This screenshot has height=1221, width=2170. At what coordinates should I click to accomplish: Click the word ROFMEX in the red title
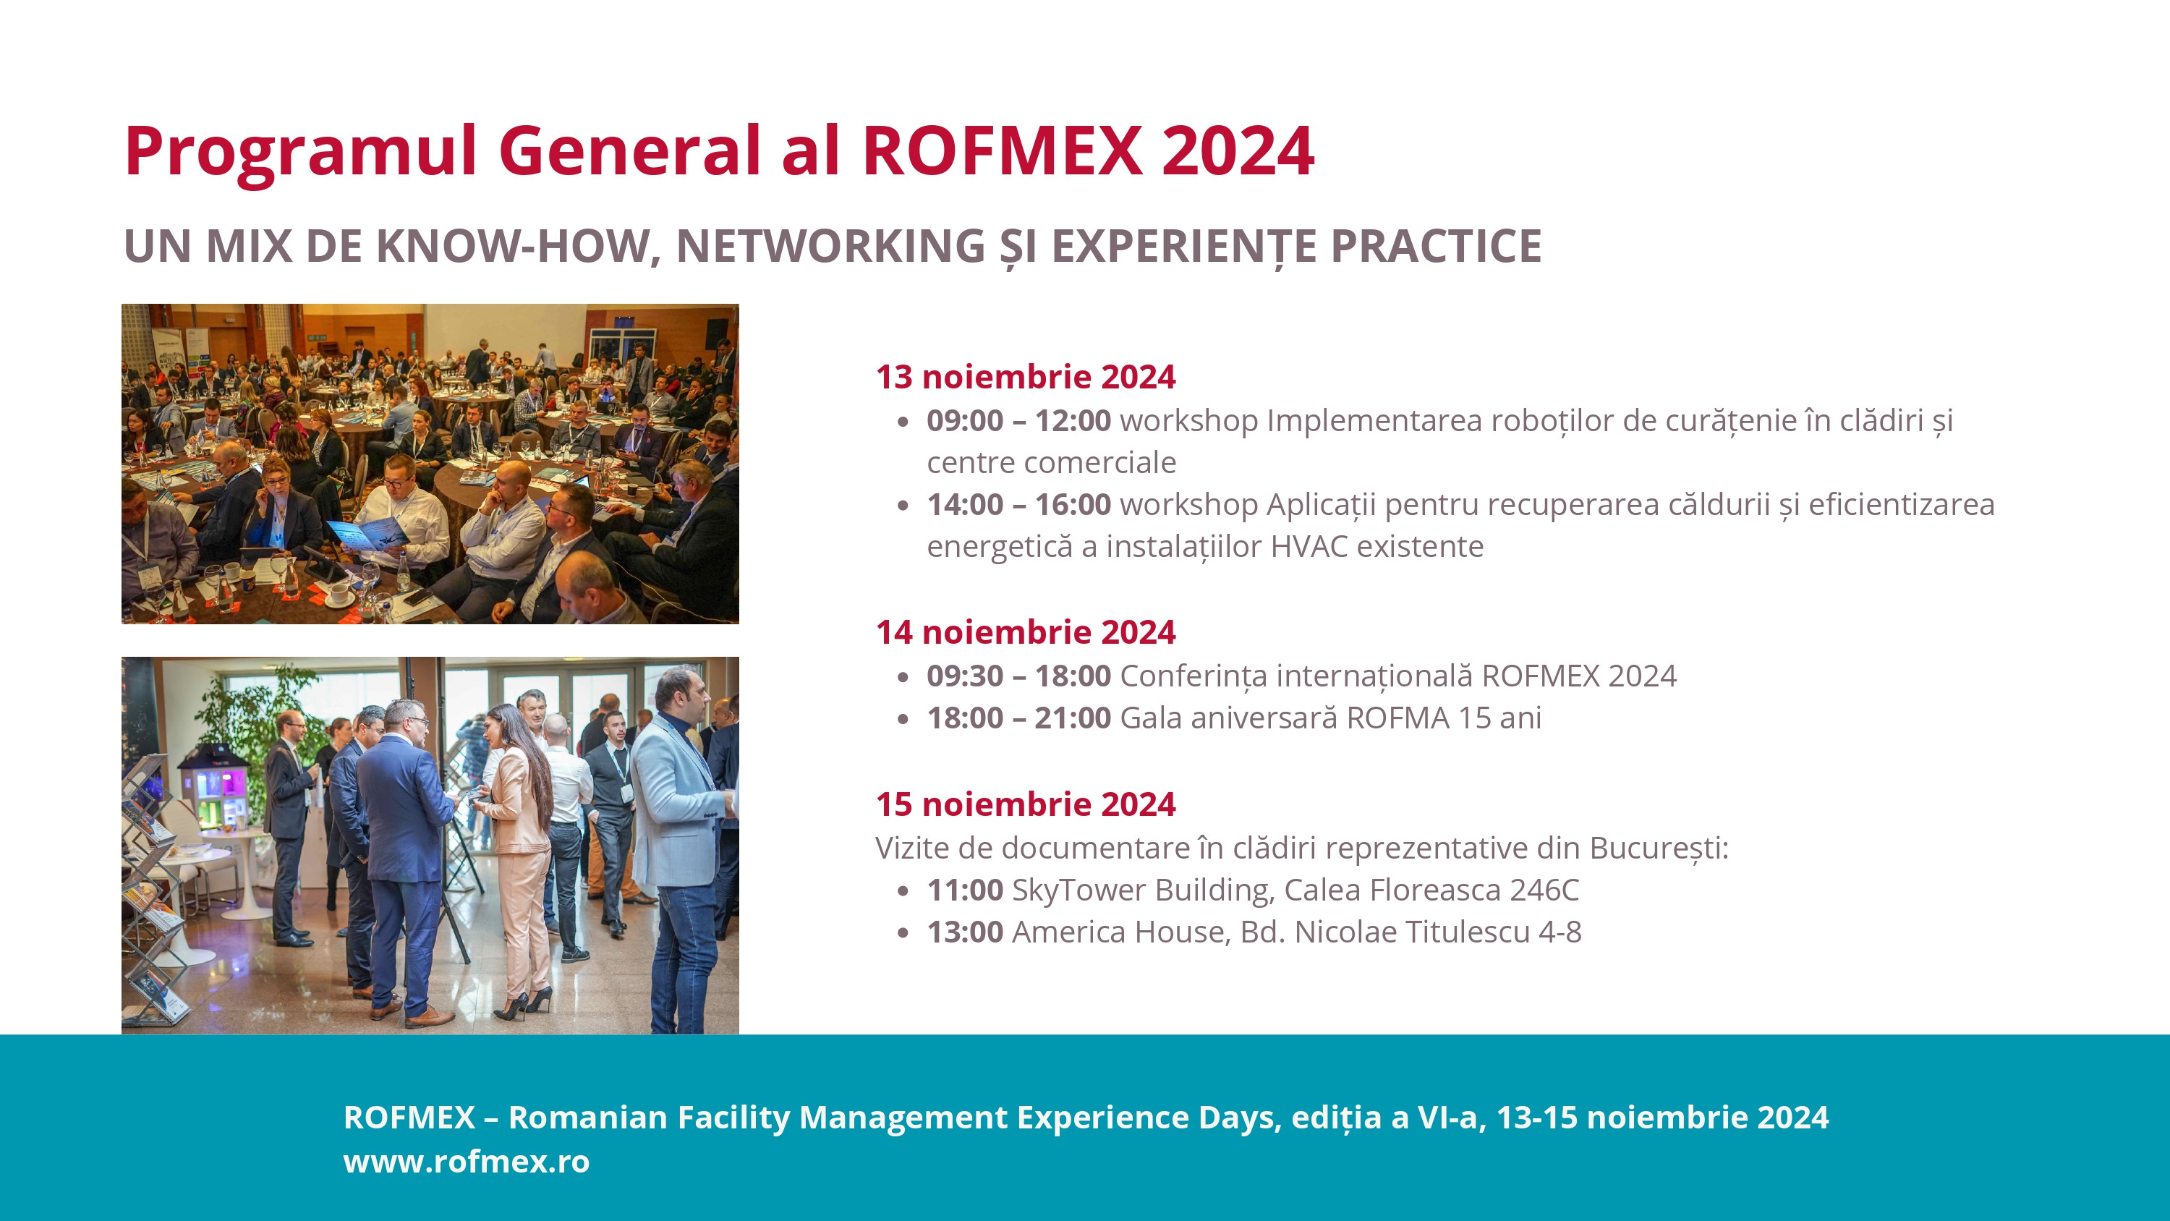pos(1002,151)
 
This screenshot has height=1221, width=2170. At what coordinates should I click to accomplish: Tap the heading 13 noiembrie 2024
pos(1025,377)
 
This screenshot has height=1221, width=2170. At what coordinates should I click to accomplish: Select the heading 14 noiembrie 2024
pos(1025,632)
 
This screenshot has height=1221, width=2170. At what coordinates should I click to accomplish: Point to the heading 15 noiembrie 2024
pos(1025,804)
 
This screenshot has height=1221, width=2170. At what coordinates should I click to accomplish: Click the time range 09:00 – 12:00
pos(1018,420)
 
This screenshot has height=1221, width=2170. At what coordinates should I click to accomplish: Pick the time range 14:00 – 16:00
pos(1018,504)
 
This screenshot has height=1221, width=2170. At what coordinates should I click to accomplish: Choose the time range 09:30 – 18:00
pos(1018,676)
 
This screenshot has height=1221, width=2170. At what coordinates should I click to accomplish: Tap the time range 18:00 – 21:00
pos(1018,718)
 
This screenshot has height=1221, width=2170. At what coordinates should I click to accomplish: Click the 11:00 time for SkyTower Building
pos(964,890)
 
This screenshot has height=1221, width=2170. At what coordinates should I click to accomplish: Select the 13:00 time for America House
pos(964,932)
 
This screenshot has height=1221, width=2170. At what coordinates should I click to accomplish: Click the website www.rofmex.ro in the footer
pos(467,1161)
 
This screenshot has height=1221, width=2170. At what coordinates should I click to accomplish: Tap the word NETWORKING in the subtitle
pos(830,246)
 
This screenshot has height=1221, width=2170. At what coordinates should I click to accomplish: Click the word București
pos(1659,848)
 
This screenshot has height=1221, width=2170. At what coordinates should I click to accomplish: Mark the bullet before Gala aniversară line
pos(903,719)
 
